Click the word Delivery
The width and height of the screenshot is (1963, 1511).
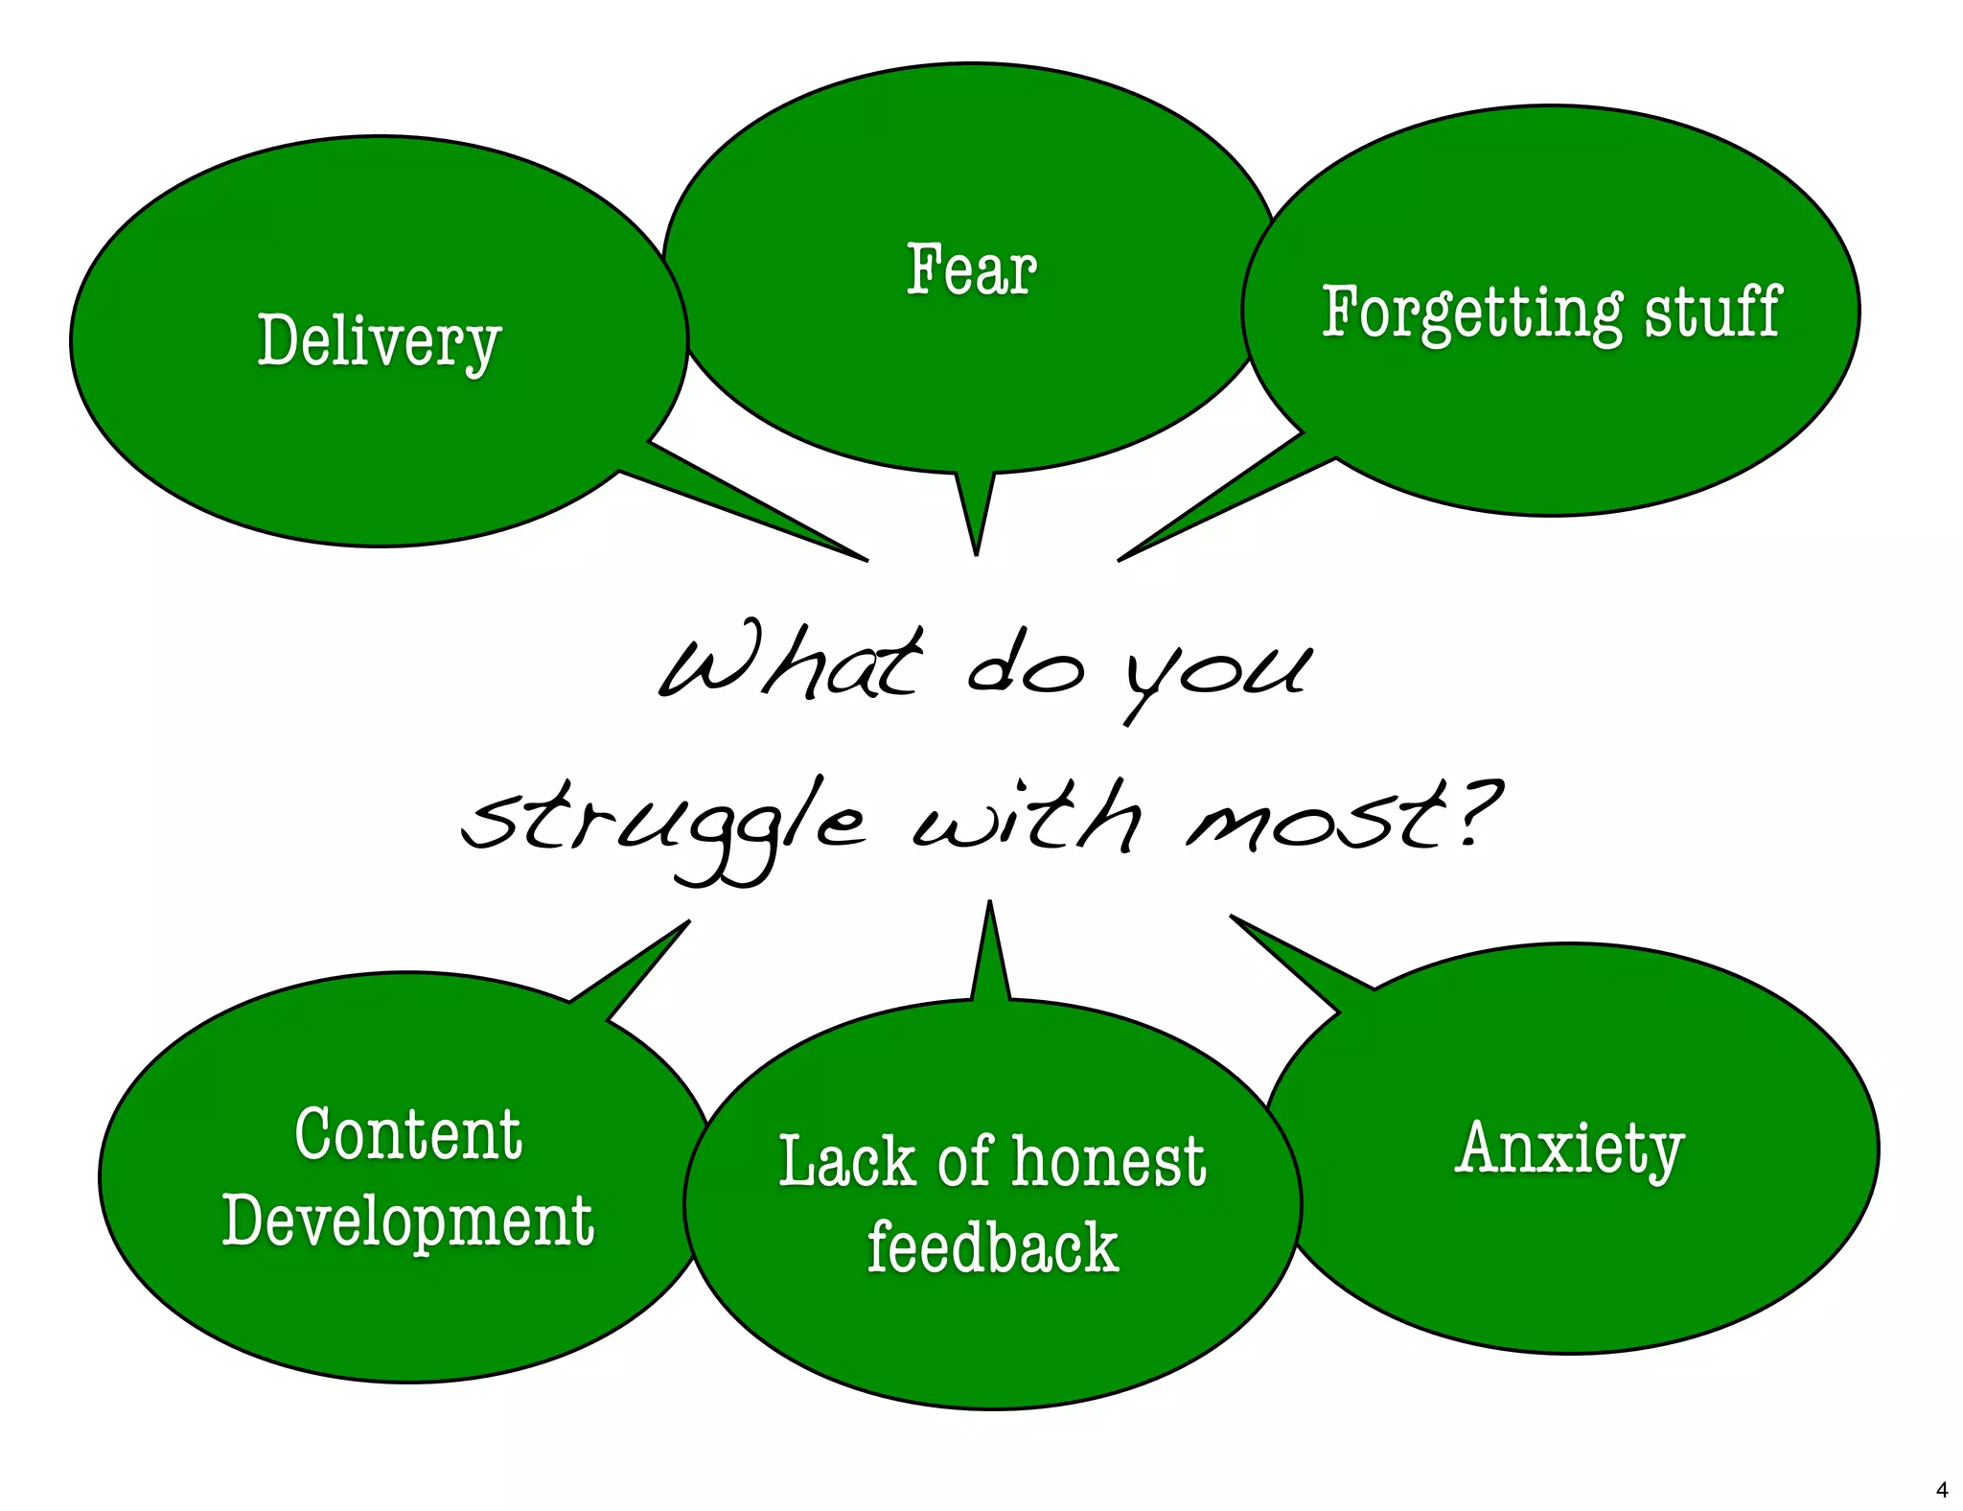coord(379,341)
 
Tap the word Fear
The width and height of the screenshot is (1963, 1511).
coord(971,270)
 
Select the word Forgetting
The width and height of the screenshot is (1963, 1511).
coord(1471,313)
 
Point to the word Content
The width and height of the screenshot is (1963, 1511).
coord(408,1135)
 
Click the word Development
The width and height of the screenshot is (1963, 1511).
coord(408,1221)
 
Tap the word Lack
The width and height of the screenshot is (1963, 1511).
coord(847,1162)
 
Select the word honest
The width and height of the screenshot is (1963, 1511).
coord(1108,1162)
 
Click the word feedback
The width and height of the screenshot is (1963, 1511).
coord(993,1248)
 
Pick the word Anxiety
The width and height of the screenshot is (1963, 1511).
coord(1569,1149)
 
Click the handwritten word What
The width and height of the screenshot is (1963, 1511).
coord(791,663)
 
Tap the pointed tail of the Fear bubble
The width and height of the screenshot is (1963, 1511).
coord(976,523)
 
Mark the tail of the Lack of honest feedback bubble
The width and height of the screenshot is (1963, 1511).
coord(990,954)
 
